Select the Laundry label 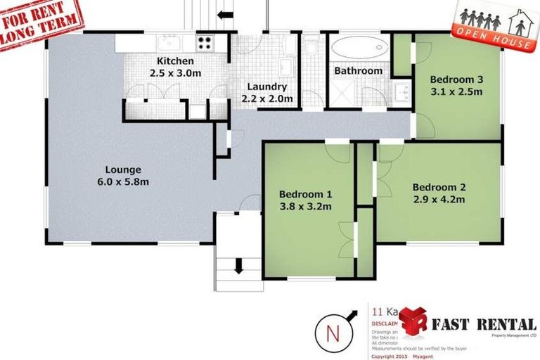point(266,87)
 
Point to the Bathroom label point(358,71)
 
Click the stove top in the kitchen point(204,43)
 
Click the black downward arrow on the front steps point(238,265)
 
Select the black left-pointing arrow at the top point(226,15)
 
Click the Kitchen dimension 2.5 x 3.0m point(174,73)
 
